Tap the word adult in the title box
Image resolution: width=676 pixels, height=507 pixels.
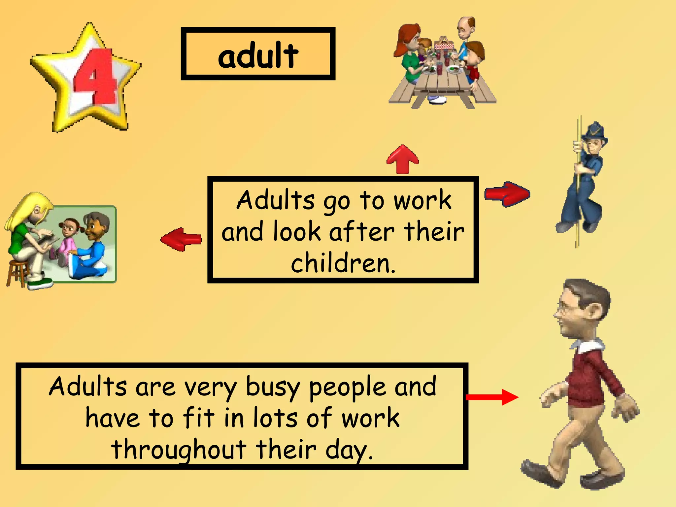pyautogui.click(x=258, y=55)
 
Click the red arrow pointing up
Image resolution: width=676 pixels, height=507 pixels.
pyautogui.click(x=403, y=159)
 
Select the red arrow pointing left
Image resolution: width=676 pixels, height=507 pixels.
pyautogui.click(x=181, y=239)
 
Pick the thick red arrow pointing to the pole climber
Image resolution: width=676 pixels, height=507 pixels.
pyautogui.click(x=507, y=194)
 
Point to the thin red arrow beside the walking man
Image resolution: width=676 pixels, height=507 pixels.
pyautogui.click(x=492, y=397)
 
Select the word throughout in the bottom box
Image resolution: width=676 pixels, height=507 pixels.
pyautogui.click(x=179, y=449)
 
